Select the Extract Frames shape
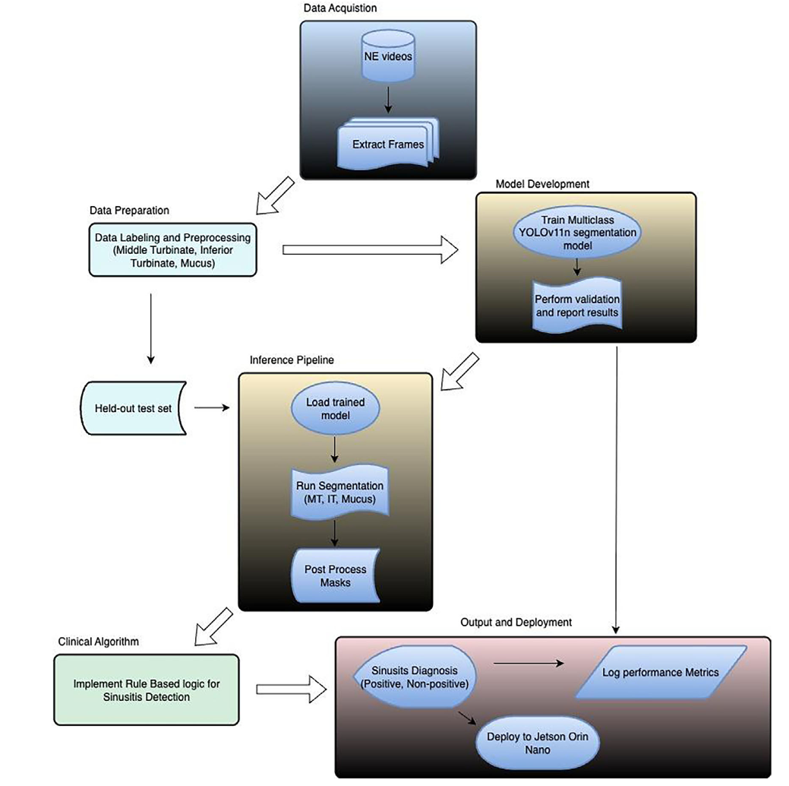tap(387, 144)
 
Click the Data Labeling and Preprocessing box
tap(173, 249)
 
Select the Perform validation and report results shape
tap(576, 304)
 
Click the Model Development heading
tap(542, 184)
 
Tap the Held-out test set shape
tap(137, 408)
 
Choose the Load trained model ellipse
tap(335, 408)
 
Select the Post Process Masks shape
tap(335, 575)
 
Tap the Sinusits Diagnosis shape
tap(415, 672)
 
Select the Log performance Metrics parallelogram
tap(659, 672)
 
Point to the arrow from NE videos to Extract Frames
tap(387, 99)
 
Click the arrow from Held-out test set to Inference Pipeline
tap(213, 408)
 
